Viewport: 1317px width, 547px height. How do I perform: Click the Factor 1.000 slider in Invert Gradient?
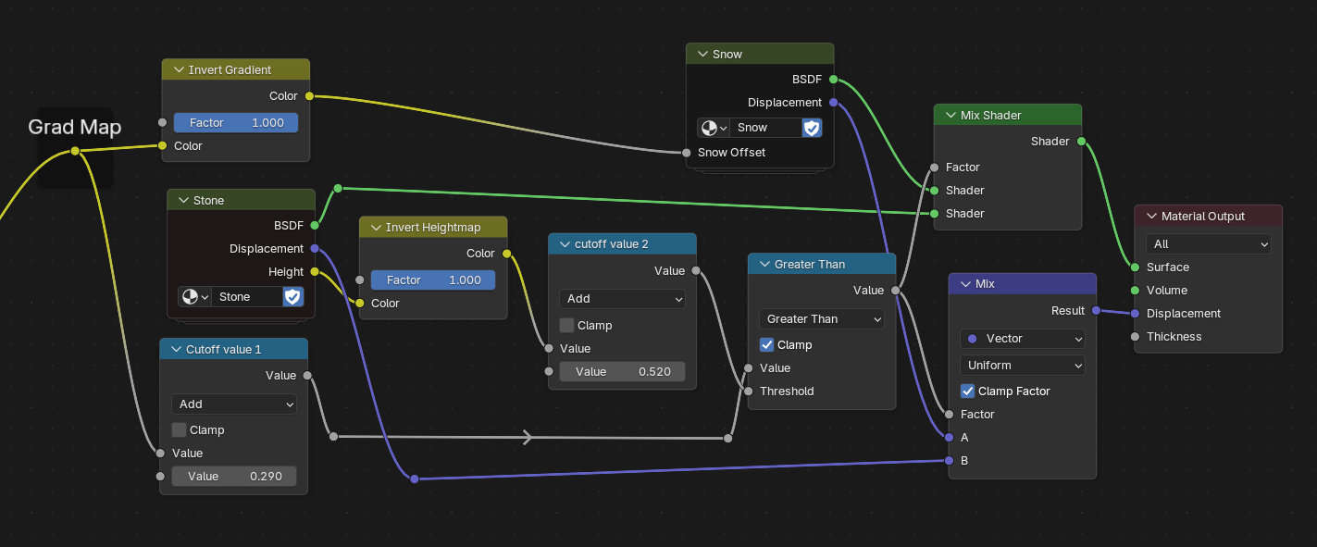236,123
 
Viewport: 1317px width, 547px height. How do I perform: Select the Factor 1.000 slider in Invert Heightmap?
433,280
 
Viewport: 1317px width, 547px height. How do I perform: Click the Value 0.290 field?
234,477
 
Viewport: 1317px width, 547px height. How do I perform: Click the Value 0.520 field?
622,372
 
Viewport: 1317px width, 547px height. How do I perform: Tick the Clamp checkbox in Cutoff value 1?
180,430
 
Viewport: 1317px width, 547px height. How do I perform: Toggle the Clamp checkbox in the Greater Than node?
766,344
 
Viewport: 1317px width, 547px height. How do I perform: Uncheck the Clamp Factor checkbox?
967,392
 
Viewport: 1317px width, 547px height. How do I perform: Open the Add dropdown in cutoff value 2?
622,299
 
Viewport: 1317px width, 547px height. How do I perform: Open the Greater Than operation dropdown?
822,318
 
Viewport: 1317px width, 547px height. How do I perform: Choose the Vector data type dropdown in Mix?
1023,339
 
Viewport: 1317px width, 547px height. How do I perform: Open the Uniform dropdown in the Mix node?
1023,366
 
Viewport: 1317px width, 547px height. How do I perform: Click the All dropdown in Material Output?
1208,244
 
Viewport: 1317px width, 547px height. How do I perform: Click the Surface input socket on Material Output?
1136,267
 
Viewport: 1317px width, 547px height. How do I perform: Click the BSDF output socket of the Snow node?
833,80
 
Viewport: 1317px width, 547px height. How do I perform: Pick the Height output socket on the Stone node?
316,272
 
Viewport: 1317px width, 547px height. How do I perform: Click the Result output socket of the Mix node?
1096,311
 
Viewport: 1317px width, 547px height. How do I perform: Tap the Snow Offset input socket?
686,153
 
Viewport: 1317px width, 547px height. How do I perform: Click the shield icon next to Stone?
292,297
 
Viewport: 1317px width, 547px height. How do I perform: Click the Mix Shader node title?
990,116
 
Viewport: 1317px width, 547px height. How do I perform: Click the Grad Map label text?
75,127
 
